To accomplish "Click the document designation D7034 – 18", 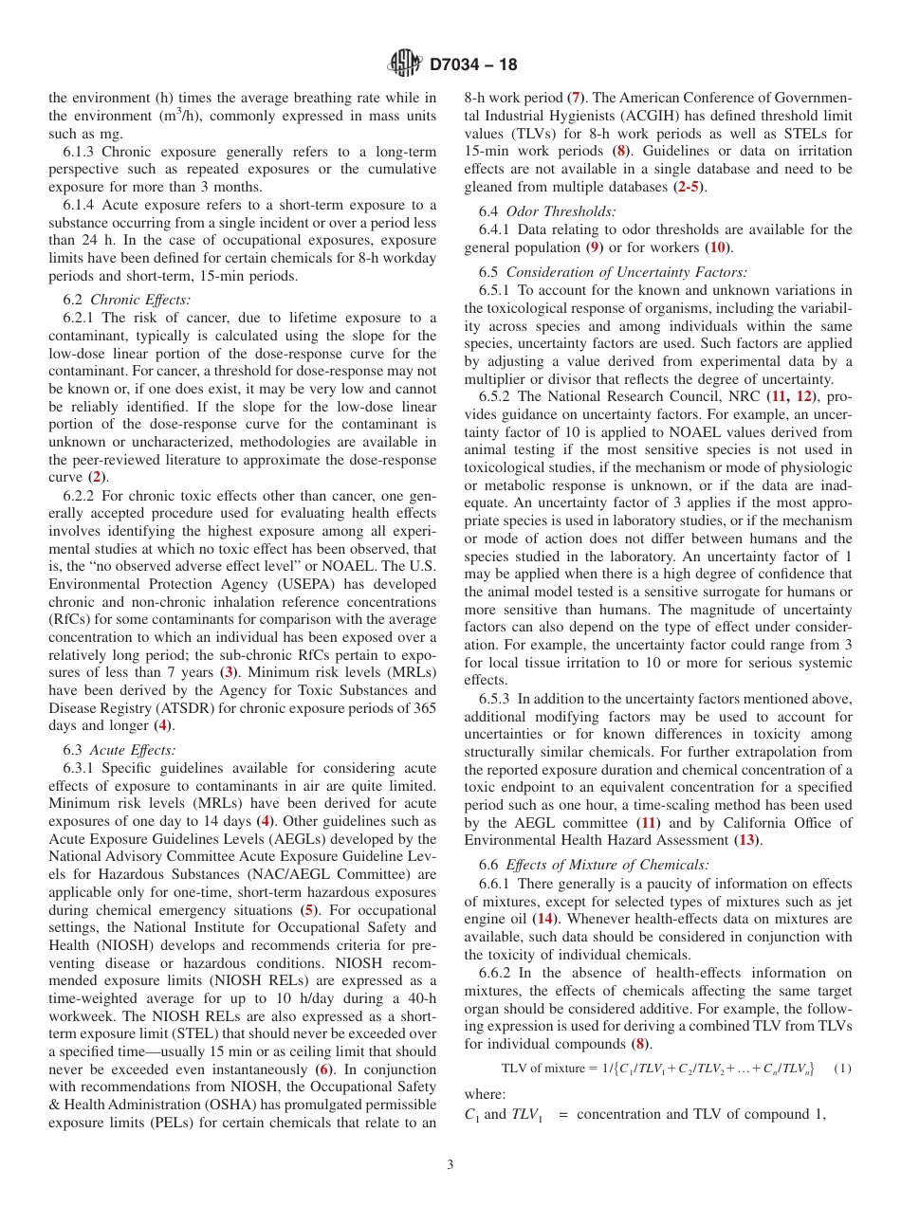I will [473, 65].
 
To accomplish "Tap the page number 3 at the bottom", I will [450, 1164].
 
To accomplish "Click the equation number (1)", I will [841, 1069].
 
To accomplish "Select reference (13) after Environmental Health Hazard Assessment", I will [746, 840].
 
